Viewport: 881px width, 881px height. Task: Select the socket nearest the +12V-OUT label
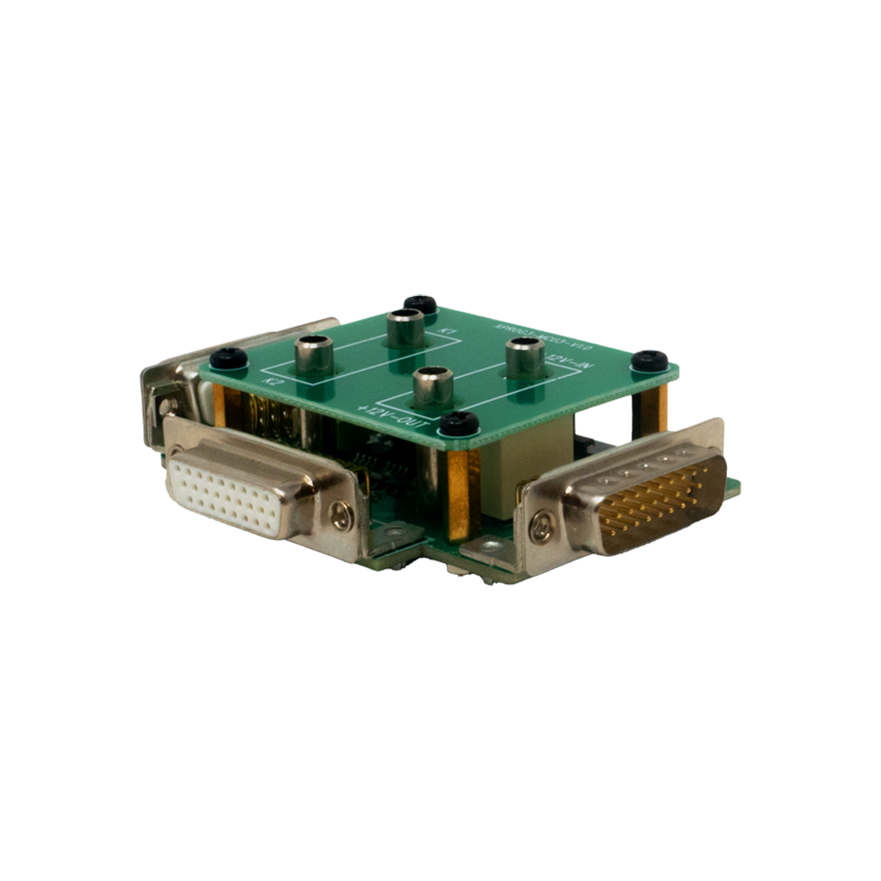(433, 384)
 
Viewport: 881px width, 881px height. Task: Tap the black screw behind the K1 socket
(420, 305)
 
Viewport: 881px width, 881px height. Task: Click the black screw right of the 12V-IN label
(651, 359)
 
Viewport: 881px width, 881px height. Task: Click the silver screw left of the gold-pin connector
(539, 529)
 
